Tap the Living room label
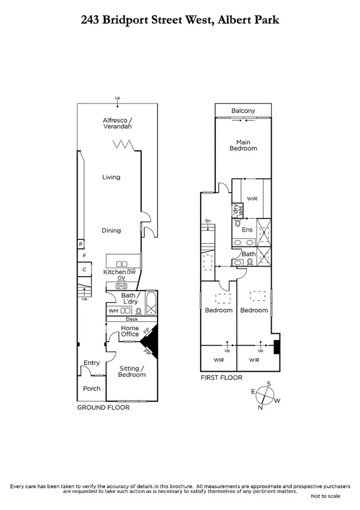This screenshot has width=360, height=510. point(111,177)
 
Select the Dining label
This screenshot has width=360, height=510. point(111,230)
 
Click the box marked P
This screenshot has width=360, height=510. point(79,244)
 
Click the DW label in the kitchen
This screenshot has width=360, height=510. point(132,272)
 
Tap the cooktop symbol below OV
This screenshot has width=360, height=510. point(121,286)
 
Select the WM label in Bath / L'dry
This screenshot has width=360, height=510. point(113,311)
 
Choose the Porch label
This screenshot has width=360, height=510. point(91,388)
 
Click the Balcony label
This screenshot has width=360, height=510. point(243,111)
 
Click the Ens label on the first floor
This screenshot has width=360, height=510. point(246,230)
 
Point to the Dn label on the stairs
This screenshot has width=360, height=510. point(208,220)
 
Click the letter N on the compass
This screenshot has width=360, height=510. point(260,408)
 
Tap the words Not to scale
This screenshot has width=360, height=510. point(325,497)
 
